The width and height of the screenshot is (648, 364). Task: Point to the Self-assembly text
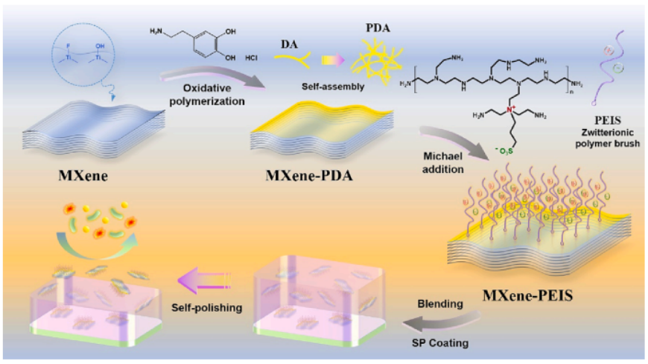point(334,87)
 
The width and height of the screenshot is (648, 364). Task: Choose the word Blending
point(436,304)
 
